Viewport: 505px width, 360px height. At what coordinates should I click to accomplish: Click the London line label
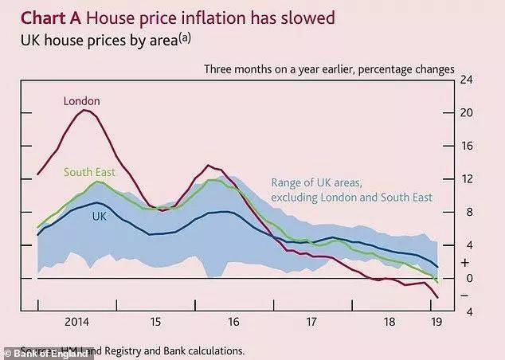pyautogui.click(x=83, y=101)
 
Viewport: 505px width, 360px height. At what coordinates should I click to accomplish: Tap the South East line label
pyautogui.click(x=89, y=172)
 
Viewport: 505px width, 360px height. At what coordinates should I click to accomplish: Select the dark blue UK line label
pyautogui.click(x=100, y=217)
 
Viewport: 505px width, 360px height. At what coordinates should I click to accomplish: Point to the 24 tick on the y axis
pyautogui.click(x=468, y=80)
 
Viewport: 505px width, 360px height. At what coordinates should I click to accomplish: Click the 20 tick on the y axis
pyautogui.click(x=468, y=113)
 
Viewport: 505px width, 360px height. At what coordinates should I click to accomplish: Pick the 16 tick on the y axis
pyautogui.click(x=468, y=146)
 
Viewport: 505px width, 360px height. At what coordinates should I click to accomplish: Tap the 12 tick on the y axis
pyautogui.click(x=468, y=179)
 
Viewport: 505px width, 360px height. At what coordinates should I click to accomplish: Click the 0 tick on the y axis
pyautogui.click(x=468, y=278)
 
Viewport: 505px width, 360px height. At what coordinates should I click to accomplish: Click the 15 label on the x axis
pyautogui.click(x=156, y=323)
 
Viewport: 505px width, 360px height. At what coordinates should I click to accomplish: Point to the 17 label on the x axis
pyautogui.click(x=311, y=323)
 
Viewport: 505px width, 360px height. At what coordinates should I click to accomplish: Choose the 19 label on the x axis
pyautogui.click(x=436, y=323)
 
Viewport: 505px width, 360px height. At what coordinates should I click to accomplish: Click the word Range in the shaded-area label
pyautogui.click(x=288, y=182)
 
